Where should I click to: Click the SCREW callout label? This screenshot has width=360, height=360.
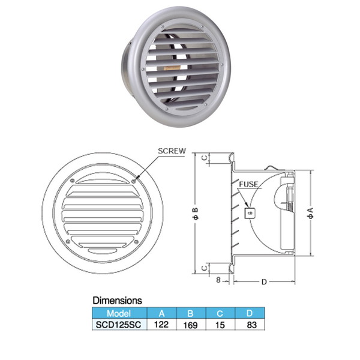(x=172, y=151)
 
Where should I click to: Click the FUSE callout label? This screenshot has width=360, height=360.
(x=248, y=184)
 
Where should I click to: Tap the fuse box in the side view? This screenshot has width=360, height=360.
(x=250, y=213)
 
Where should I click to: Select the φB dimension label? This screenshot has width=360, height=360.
(x=196, y=214)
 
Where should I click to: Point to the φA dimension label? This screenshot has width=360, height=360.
(x=310, y=213)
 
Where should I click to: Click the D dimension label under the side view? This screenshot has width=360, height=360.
(x=264, y=282)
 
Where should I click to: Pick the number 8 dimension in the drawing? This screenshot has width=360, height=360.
(x=218, y=280)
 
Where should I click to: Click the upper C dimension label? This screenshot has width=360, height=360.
(x=205, y=158)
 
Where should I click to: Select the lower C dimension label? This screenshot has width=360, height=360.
(x=205, y=268)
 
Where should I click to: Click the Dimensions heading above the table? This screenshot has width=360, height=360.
(x=117, y=301)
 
